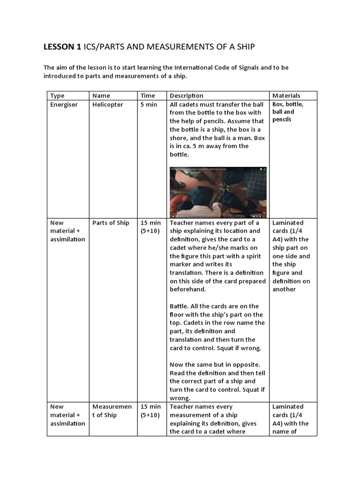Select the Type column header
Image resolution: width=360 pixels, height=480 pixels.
[x=57, y=96]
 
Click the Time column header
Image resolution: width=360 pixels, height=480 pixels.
[x=148, y=96]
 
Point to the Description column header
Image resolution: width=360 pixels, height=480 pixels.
[x=187, y=96]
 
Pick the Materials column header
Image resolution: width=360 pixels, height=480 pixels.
[x=286, y=96]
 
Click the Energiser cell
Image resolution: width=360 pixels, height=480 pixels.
[x=63, y=105]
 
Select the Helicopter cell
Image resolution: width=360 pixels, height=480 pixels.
[x=108, y=105]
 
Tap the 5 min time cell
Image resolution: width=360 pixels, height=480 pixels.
[x=149, y=105]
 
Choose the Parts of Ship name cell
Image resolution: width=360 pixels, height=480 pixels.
[x=111, y=223]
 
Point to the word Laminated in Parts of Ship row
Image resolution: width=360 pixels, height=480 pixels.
[x=288, y=223]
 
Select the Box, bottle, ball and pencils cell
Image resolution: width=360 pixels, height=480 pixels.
[x=288, y=112]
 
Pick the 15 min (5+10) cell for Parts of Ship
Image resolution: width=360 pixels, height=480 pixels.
[x=150, y=227]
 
